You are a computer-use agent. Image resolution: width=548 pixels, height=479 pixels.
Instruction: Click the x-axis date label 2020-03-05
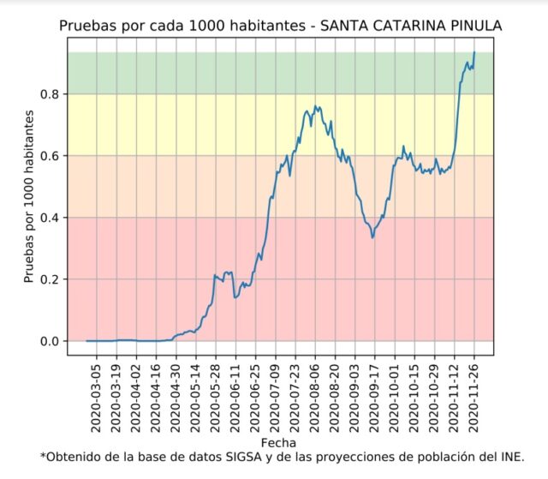tap(97, 398)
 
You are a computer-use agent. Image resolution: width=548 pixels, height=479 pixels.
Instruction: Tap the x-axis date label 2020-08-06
tap(315, 398)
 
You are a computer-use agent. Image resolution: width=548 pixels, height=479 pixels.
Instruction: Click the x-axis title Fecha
tap(279, 443)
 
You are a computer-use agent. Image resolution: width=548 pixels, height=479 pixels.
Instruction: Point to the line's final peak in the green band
tap(474, 53)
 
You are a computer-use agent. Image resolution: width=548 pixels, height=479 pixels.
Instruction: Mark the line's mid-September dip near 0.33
tap(372, 237)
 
